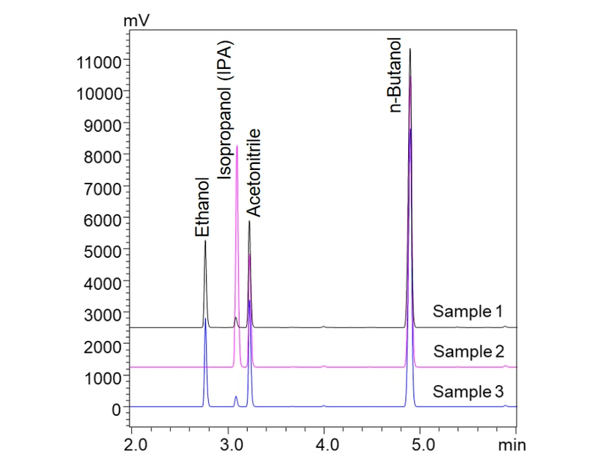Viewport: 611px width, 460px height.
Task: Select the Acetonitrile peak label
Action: (254, 172)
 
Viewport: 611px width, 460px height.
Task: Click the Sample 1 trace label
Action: (468, 311)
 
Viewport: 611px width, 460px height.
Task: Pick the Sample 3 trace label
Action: (469, 391)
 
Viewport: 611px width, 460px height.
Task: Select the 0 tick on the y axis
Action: (116, 410)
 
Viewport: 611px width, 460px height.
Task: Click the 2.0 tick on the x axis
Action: (132, 444)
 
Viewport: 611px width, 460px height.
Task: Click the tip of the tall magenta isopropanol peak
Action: (237, 146)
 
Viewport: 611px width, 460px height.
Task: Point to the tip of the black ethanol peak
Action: (205, 241)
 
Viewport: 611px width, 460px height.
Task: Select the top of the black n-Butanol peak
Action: (410, 49)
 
